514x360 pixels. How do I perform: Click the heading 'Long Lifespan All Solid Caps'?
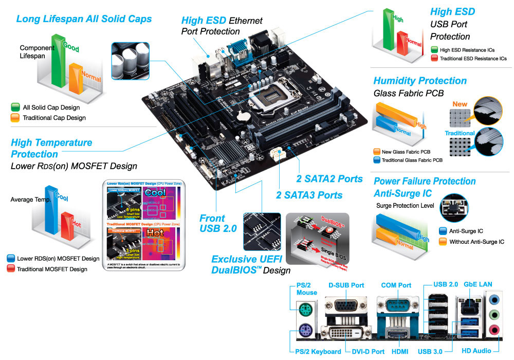coord(84,19)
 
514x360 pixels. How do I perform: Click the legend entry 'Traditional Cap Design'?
coord(54,118)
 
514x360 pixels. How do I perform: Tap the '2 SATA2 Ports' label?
coord(329,179)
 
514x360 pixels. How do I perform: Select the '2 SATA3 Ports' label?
coord(309,195)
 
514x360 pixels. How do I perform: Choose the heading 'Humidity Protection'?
coord(420,81)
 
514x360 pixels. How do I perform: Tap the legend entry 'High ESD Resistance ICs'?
coord(468,50)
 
